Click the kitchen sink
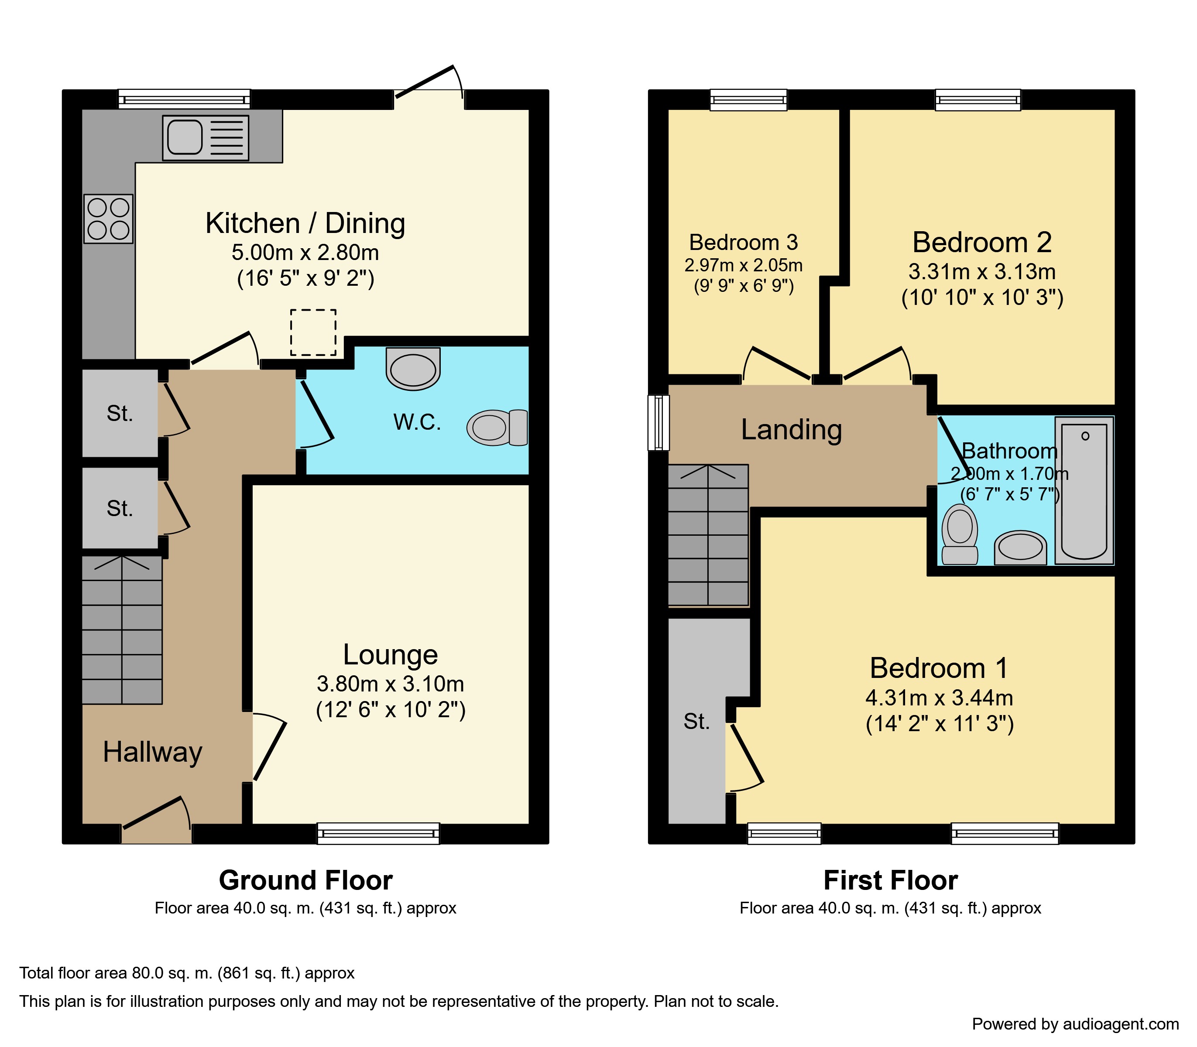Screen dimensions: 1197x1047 point(205,138)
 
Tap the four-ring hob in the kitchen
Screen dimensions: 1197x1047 point(108,219)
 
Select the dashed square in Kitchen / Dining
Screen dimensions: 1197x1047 point(313,332)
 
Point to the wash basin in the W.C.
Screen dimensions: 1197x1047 point(413,369)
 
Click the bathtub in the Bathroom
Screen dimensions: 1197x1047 point(1084,491)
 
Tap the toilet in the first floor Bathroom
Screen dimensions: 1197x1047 point(960,534)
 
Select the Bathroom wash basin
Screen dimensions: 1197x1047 point(1021,547)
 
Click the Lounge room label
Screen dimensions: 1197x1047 point(391,654)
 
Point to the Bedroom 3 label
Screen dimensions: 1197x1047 point(744,242)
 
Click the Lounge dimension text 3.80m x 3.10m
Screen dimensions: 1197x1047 point(391,683)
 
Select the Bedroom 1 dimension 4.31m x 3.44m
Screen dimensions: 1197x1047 point(939,697)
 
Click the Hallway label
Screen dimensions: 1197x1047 point(153,752)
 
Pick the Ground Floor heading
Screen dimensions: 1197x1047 point(305,880)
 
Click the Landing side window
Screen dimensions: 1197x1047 point(659,423)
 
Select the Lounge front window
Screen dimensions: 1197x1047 point(378,833)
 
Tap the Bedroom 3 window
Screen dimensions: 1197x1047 point(749,99)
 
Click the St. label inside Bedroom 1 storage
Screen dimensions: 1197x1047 point(697,722)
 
